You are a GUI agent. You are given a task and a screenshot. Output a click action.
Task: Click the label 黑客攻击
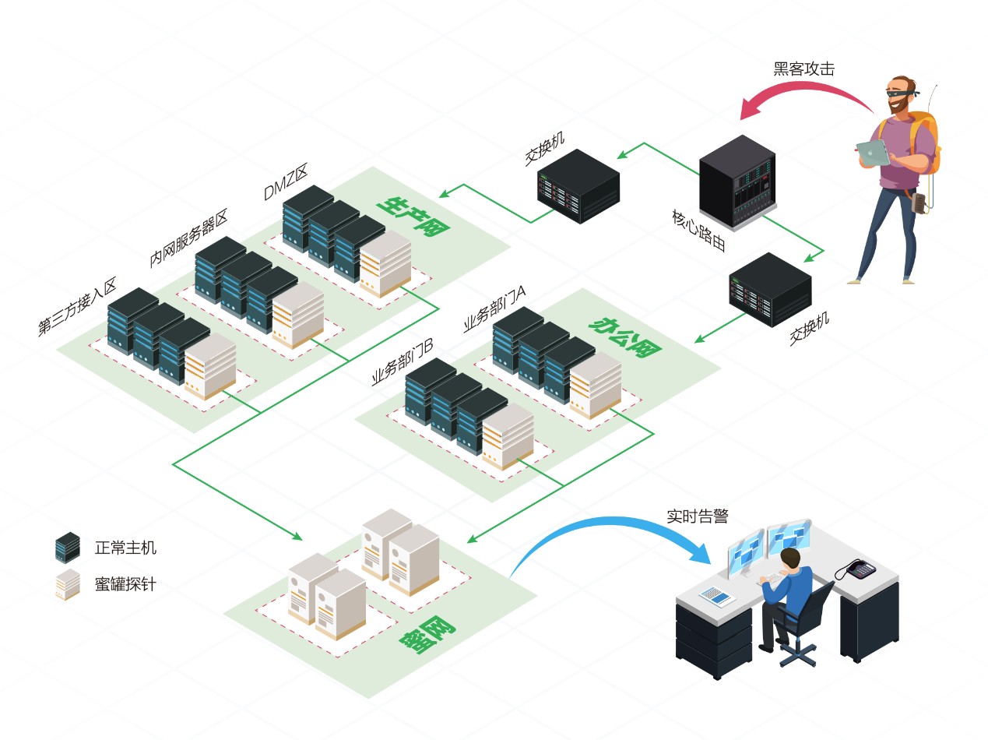tap(803, 69)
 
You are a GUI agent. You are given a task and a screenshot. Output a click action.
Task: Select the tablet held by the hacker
tap(872, 152)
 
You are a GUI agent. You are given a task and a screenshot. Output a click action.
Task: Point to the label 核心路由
tap(698, 229)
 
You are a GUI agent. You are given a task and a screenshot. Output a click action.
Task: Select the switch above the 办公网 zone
tap(768, 287)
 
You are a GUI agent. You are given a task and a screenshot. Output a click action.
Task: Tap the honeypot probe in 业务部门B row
tap(508, 435)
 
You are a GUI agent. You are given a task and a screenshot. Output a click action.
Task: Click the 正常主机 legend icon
tap(68, 548)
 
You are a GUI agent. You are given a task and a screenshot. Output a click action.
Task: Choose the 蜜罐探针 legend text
tap(125, 583)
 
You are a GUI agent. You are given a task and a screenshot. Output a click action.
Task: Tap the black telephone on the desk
tap(862, 569)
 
